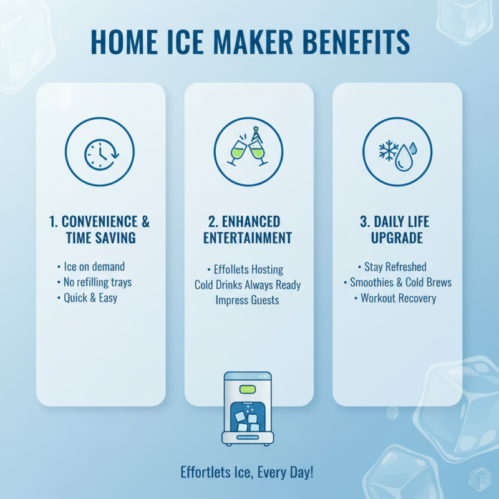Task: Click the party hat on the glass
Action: click(x=257, y=133)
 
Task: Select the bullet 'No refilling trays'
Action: click(x=97, y=283)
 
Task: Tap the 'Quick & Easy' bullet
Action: click(x=90, y=298)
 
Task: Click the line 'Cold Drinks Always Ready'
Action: click(x=248, y=285)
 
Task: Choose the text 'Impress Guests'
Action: click(x=248, y=300)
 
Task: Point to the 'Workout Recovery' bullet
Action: click(x=399, y=298)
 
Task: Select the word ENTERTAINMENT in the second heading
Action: click(x=248, y=238)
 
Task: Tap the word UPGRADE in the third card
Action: click(x=397, y=238)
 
